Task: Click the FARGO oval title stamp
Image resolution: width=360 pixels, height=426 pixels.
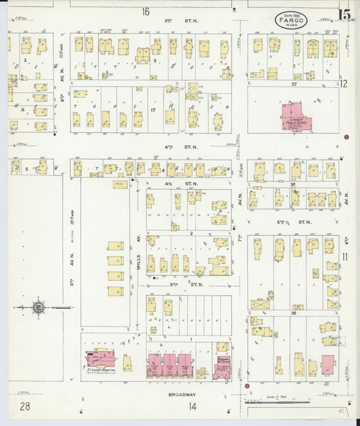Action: tap(292, 20)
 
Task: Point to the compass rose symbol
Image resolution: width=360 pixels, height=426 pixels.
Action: tap(39, 308)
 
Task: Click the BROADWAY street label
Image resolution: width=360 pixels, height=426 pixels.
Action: tap(182, 394)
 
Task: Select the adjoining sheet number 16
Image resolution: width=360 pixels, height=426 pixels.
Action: tap(146, 11)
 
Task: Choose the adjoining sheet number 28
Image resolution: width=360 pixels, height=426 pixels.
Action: tap(26, 406)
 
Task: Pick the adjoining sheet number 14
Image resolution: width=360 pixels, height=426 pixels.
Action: tap(193, 406)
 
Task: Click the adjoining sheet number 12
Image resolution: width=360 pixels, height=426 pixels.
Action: tap(344, 84)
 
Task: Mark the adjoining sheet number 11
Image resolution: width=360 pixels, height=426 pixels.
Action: tap(344, 257)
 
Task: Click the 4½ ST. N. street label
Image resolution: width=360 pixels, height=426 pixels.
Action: tap(188, 183)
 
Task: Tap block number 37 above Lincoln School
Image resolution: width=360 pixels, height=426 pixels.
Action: tap(293, 84)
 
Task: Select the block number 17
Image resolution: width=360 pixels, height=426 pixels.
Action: tap(153, 109)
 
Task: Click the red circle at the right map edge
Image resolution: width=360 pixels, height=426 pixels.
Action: tap(346, 137)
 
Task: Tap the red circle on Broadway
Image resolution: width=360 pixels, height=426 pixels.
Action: tap(247, 386)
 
